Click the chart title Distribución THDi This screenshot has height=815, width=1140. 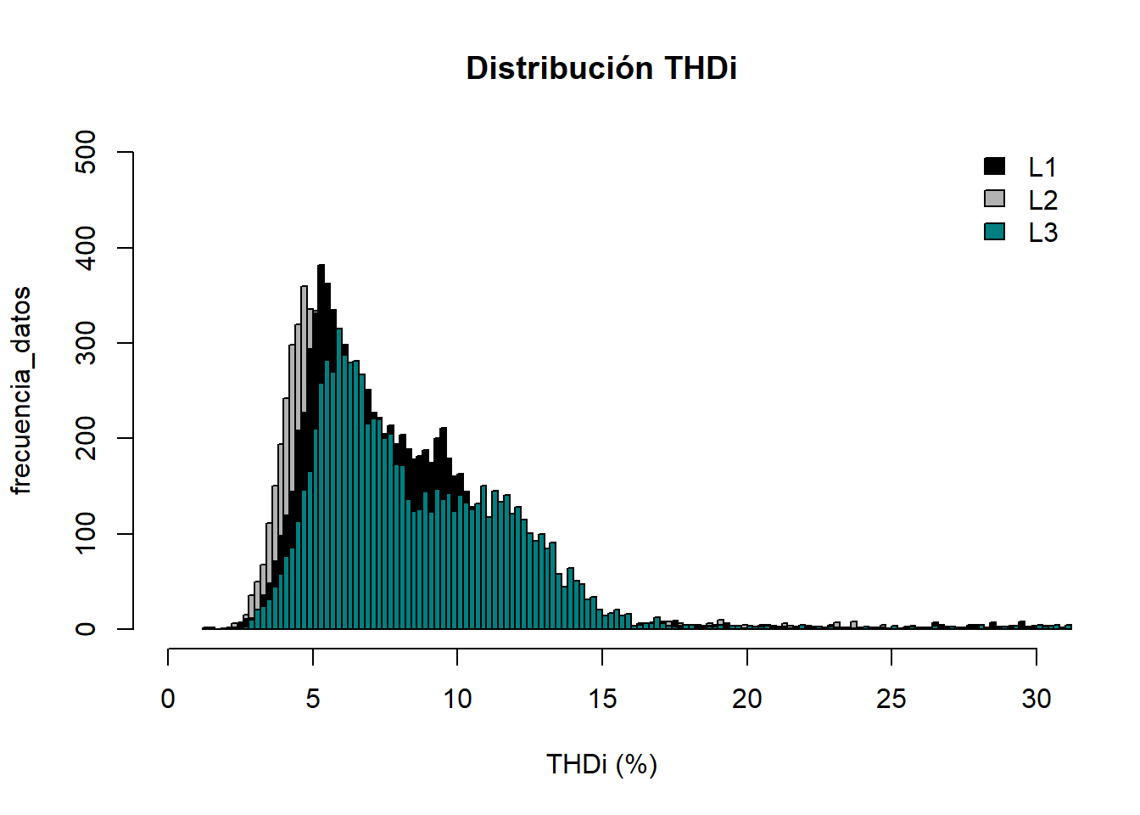pyautogui.click(x=601, y=68)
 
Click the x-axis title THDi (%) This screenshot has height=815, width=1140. pyautogui.click(x=601, y=764)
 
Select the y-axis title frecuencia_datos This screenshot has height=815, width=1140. pyautogui.click(x=21, y=391)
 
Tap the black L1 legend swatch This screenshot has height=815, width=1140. pyautogui.click(x=994, y=166)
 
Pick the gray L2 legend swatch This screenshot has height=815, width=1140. pyautogui.click(x=994, y=199)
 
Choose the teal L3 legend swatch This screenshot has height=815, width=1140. pyautogui.click(x=994, y=231)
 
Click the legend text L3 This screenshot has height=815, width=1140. pyautogui.click(x=1042, y=233)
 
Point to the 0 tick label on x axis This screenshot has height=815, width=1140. pyautogui.click(x=168, y=699)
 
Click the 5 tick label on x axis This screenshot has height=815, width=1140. pyautogui.click(x=313, y=699)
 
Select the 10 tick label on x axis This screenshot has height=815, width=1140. pyautogui.click(x=457, y=699)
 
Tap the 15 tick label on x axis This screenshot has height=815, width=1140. pyautogui.click(x=602, y=699)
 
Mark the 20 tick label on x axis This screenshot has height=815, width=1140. pyautogui.click(x=746, y=699)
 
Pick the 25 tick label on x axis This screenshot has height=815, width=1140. pyautogui.click(x=891, y=699)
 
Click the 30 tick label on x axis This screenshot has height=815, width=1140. pyautogui.click(x=1036, y=699)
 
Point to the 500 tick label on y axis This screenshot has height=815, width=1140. pyautogui.click(x=86, y=152)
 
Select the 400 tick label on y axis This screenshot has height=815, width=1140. pyautogui.click(x=86, y=248)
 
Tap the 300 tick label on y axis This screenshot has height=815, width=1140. pyautogui.click(x=86, y=343)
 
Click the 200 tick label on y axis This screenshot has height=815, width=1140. pyautogui.click(x=86, y=438)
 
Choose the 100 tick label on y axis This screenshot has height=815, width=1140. pyautogui.click(x=86, y=534)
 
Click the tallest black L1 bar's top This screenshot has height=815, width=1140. pyautogui.click(x=321, y=267)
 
